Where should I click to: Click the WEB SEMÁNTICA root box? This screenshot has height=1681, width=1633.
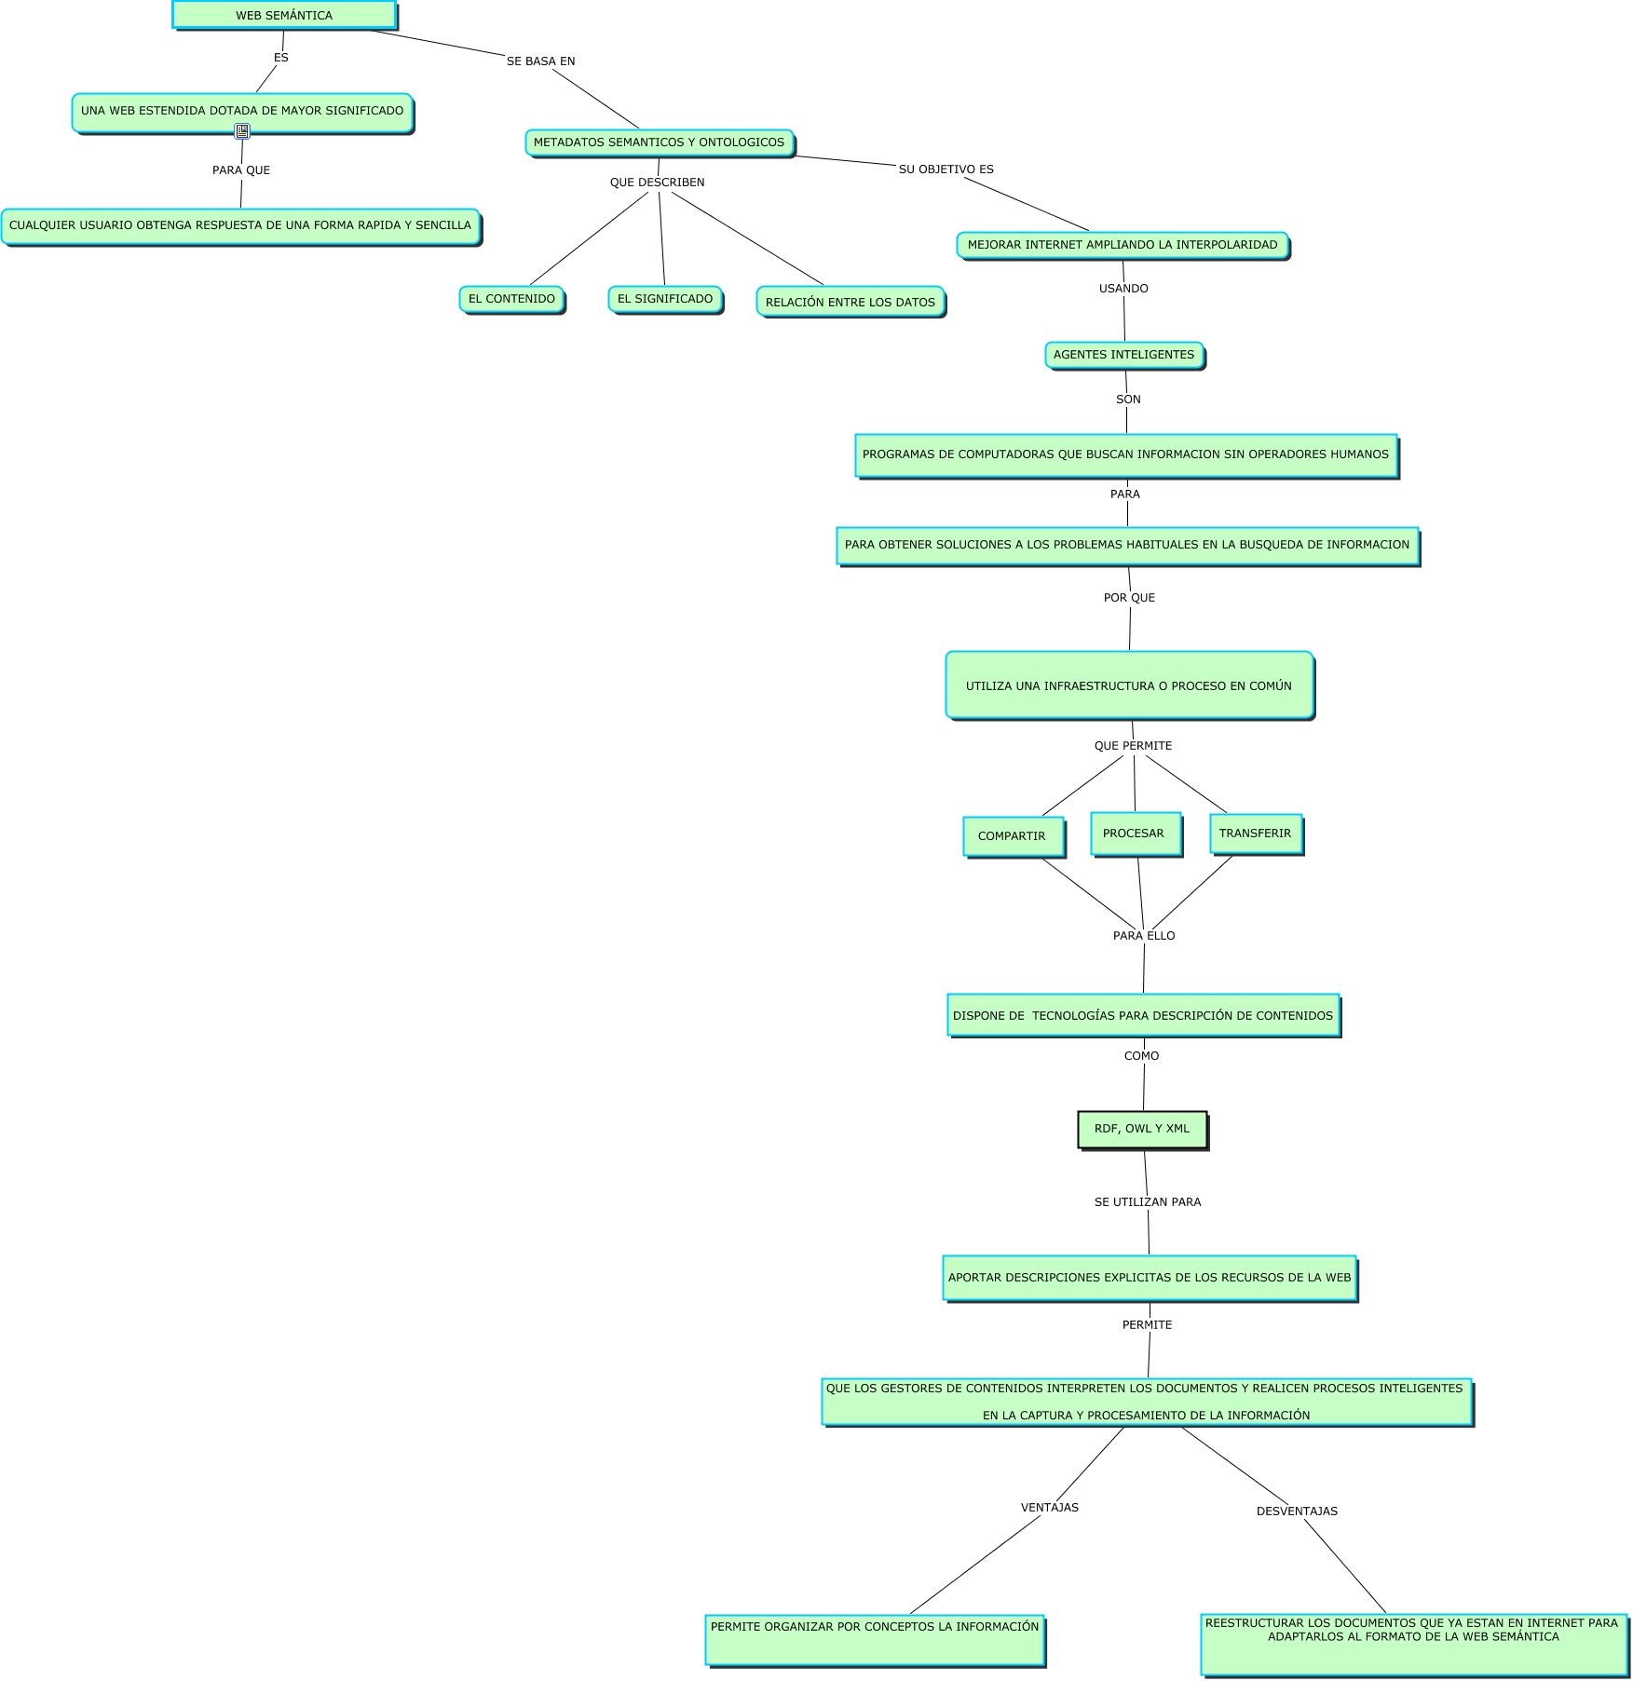click(284, 16)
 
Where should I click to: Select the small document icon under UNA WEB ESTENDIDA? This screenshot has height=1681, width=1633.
click(242, 131)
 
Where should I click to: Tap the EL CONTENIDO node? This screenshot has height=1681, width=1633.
click(511, 299)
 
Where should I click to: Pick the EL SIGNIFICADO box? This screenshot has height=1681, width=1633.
click(665, 299)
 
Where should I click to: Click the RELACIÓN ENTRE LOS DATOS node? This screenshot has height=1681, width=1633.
click(850, 302)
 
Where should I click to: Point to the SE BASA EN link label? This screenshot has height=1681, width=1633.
click(540, 61)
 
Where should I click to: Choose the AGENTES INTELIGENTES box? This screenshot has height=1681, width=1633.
click(1123, 355)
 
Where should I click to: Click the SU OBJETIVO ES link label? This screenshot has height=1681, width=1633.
click(946, 169)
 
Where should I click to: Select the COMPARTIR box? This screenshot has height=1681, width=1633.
click(1013, 835)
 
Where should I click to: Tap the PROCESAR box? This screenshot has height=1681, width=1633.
click(1134, 834)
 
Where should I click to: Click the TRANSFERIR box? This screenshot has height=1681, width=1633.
click(1255, 834)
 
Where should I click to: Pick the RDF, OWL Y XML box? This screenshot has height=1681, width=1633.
click(1142, 1129)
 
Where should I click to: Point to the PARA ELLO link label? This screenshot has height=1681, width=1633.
click(1144, 936)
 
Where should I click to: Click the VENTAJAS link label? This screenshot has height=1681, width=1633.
click(1049, 1508)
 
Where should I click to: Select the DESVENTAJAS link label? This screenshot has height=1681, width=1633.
click(1297, 1512)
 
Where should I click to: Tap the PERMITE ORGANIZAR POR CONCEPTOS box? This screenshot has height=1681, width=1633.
click(874, 1639)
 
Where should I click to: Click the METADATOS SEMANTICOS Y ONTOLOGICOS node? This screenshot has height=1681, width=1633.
click(659, 142)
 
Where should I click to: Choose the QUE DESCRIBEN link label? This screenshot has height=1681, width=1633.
click(657, 183)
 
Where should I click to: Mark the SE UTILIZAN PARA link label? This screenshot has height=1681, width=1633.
click(1147, 1202)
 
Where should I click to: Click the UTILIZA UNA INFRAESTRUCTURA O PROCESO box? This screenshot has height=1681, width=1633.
click(1129, 685)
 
